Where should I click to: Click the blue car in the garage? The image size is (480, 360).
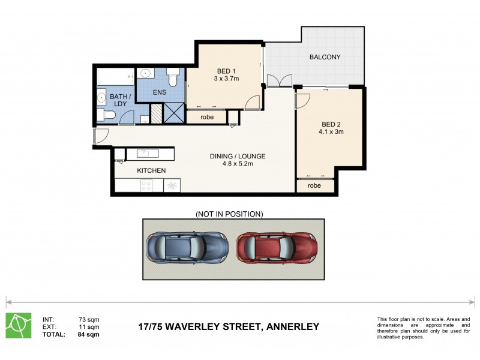pyautogui.click(x=186, y=247)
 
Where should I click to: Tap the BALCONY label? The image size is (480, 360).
pyautogui.click(x=325, y=58)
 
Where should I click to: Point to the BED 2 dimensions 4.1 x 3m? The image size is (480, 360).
pyautogui.click(x=331, y=131)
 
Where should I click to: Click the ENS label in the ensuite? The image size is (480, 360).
pyautogui.click(x=159, y=92)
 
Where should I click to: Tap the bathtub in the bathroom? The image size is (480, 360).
pyautogui.click(x=115, y=77)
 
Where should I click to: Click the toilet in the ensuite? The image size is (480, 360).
pyautogui.click(x=172, y=79)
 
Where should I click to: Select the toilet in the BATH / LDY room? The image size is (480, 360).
pyautogui.click(x=108, y=115)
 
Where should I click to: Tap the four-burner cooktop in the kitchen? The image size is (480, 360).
pyautogui.click(x=146, y=186)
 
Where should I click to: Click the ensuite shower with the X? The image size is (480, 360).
pyautogui.click(x=174, y=113)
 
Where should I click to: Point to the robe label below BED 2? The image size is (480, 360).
pyautogui.click(x=314, y=185)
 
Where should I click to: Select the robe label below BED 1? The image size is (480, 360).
pyautogui.click(x=208, y=117)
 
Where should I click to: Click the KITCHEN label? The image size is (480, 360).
pyautogui.click(x=151, y=171)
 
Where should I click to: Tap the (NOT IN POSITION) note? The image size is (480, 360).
pyautogui.click(x=230, y=214)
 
